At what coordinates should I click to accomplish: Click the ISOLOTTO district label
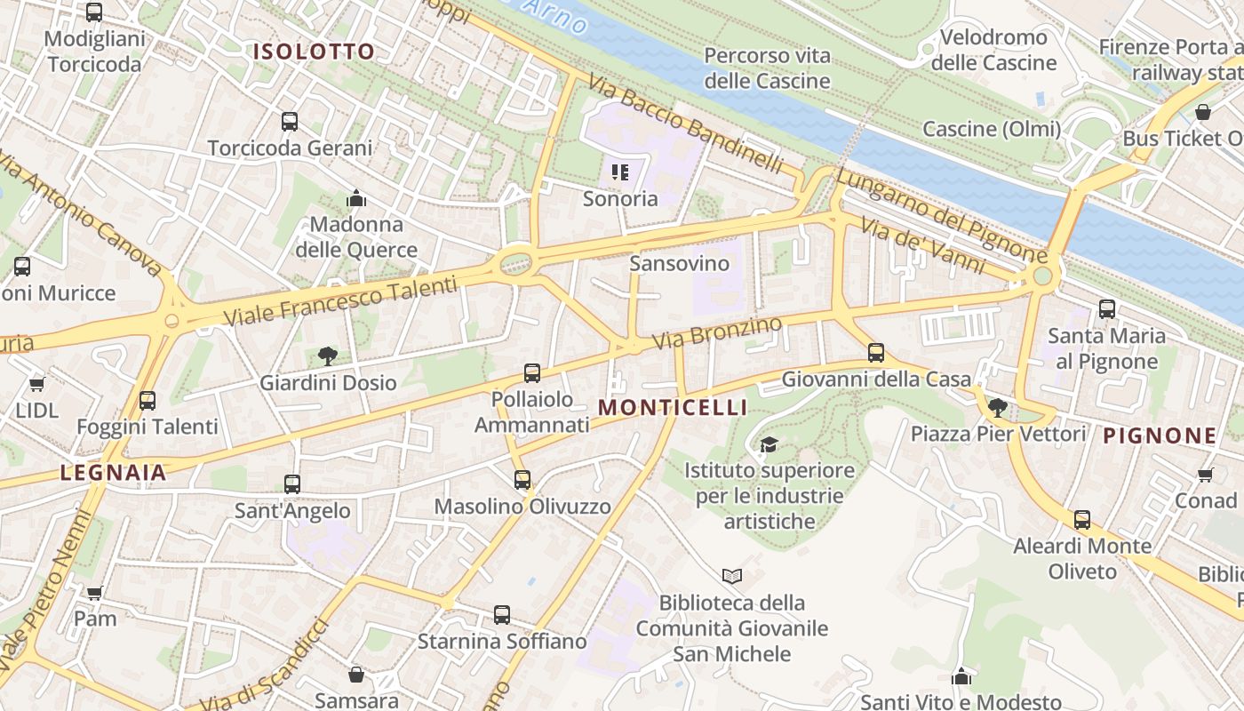point(314,51)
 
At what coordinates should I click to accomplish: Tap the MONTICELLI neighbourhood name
point(673,407)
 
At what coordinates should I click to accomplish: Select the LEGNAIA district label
point(114,472)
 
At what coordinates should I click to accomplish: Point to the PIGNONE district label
point(1160,435)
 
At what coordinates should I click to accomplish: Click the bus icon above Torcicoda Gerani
point(290,122)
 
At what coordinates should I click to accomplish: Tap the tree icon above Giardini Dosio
point(327,356)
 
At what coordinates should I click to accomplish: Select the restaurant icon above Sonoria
point(620,172)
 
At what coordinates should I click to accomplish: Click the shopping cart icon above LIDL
point(36,384)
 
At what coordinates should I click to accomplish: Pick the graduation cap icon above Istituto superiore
point(769,443)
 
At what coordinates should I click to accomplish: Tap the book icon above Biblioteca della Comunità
point(732,577)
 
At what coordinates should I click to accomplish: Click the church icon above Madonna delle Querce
point(356,197)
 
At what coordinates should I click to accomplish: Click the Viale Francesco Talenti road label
point(340,300)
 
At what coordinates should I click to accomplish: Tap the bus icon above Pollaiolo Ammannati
point(532,373)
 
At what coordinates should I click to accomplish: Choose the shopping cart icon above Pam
point(95,592)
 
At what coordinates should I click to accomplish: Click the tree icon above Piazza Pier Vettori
point(998,408)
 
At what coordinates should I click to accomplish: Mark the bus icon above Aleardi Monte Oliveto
point(1082,520)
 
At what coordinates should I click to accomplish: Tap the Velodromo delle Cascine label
point(993,50)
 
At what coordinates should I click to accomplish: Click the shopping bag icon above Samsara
point(356,675)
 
